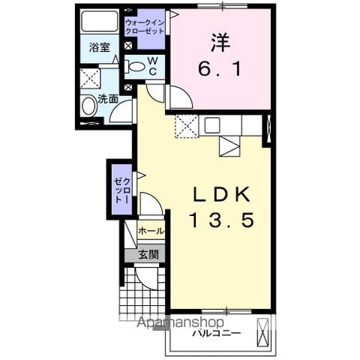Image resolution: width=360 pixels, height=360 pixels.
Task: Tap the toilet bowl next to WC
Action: pos(136,67)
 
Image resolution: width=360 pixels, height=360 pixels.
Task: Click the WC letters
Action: pos(151,66)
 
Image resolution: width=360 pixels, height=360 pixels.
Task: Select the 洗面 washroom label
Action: pos(106,98)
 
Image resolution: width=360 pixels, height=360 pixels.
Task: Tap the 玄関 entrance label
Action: pos(148,255)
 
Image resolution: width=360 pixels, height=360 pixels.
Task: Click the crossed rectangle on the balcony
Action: pos(262,331)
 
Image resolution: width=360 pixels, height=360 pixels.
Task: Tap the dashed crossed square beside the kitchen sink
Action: pos(185,127)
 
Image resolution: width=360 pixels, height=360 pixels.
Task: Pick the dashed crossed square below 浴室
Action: pos(90,77)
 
